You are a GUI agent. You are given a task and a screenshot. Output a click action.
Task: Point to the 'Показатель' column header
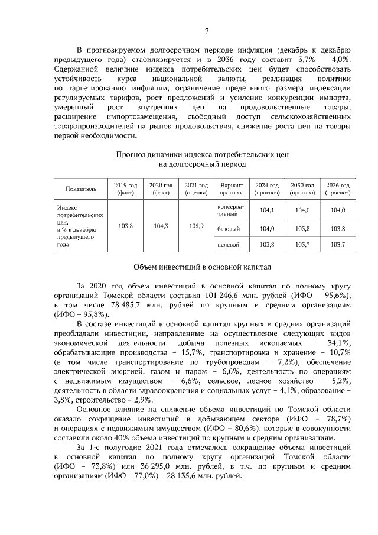[x=81, y=189]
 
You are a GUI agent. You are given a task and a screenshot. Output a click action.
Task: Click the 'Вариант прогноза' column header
[x=232, y=189]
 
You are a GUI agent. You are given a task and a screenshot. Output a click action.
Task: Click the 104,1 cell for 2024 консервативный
[x=267, y=210]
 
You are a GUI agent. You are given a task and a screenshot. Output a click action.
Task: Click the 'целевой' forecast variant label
[x=229, y=244]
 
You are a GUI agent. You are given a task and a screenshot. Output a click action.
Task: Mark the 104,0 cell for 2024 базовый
[x=267, y=228]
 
